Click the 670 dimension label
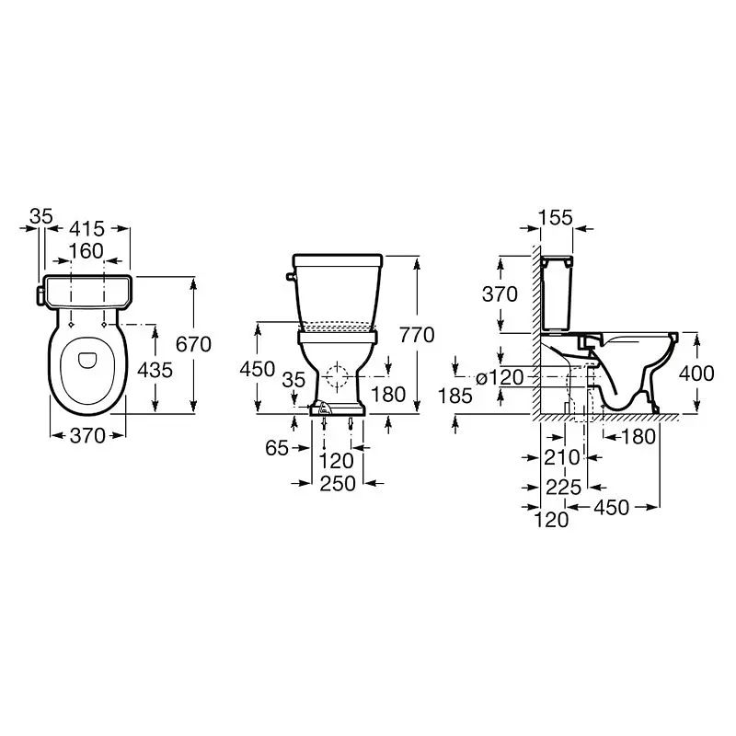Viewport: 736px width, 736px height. click(193, 344)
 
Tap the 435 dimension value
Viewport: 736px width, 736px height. click(155, 371)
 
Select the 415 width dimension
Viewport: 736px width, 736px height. click(86, 229)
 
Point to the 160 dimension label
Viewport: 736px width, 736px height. click(86, 251)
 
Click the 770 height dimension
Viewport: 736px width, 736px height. click(417, 335)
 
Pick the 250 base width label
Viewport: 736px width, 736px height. click(338, 484)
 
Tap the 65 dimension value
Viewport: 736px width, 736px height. click(277, 448)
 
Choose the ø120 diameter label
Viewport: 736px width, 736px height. click(500, 377)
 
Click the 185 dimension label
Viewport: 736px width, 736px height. click(454, 397)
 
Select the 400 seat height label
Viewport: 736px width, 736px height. click(696, 374)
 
